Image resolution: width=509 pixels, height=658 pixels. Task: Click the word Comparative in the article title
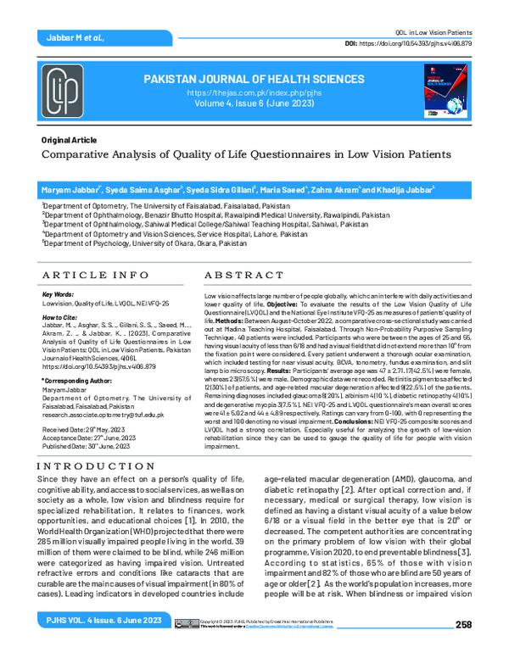coord(84,154)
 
